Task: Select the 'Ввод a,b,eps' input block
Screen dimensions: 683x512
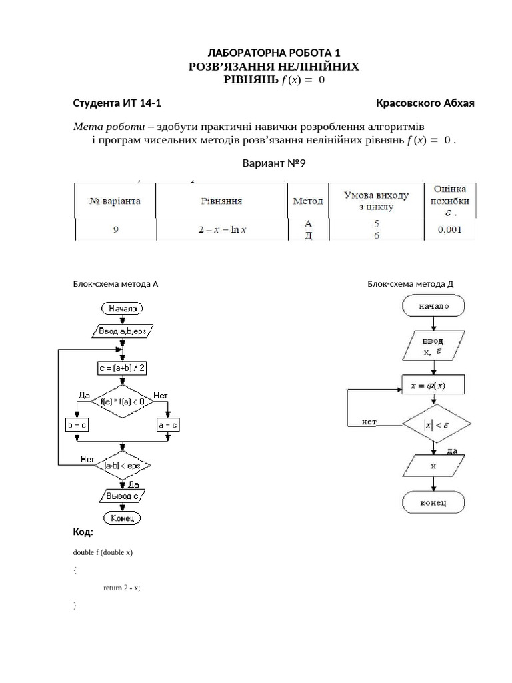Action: (x=122, y=331)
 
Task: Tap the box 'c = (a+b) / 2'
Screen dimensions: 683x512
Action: (x=122, y=368)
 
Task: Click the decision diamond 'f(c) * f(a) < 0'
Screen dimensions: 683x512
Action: (x=122, y=402)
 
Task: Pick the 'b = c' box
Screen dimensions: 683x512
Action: (x=78, y=424)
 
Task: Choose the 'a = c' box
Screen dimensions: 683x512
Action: (x=167, y=424)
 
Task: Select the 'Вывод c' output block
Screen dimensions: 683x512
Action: (x=122, y=496)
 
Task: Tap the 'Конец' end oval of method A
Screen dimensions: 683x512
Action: (x=122, y=518)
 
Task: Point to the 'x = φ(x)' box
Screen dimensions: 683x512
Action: (x=433, y=384)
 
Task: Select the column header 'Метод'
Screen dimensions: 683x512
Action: (x=308, y=201)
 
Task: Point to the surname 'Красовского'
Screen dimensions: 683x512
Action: (x=408, y=103)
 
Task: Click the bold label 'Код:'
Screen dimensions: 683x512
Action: (x=83, y=532)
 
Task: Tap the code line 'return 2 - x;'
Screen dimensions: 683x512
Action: (x=122, y=588)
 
